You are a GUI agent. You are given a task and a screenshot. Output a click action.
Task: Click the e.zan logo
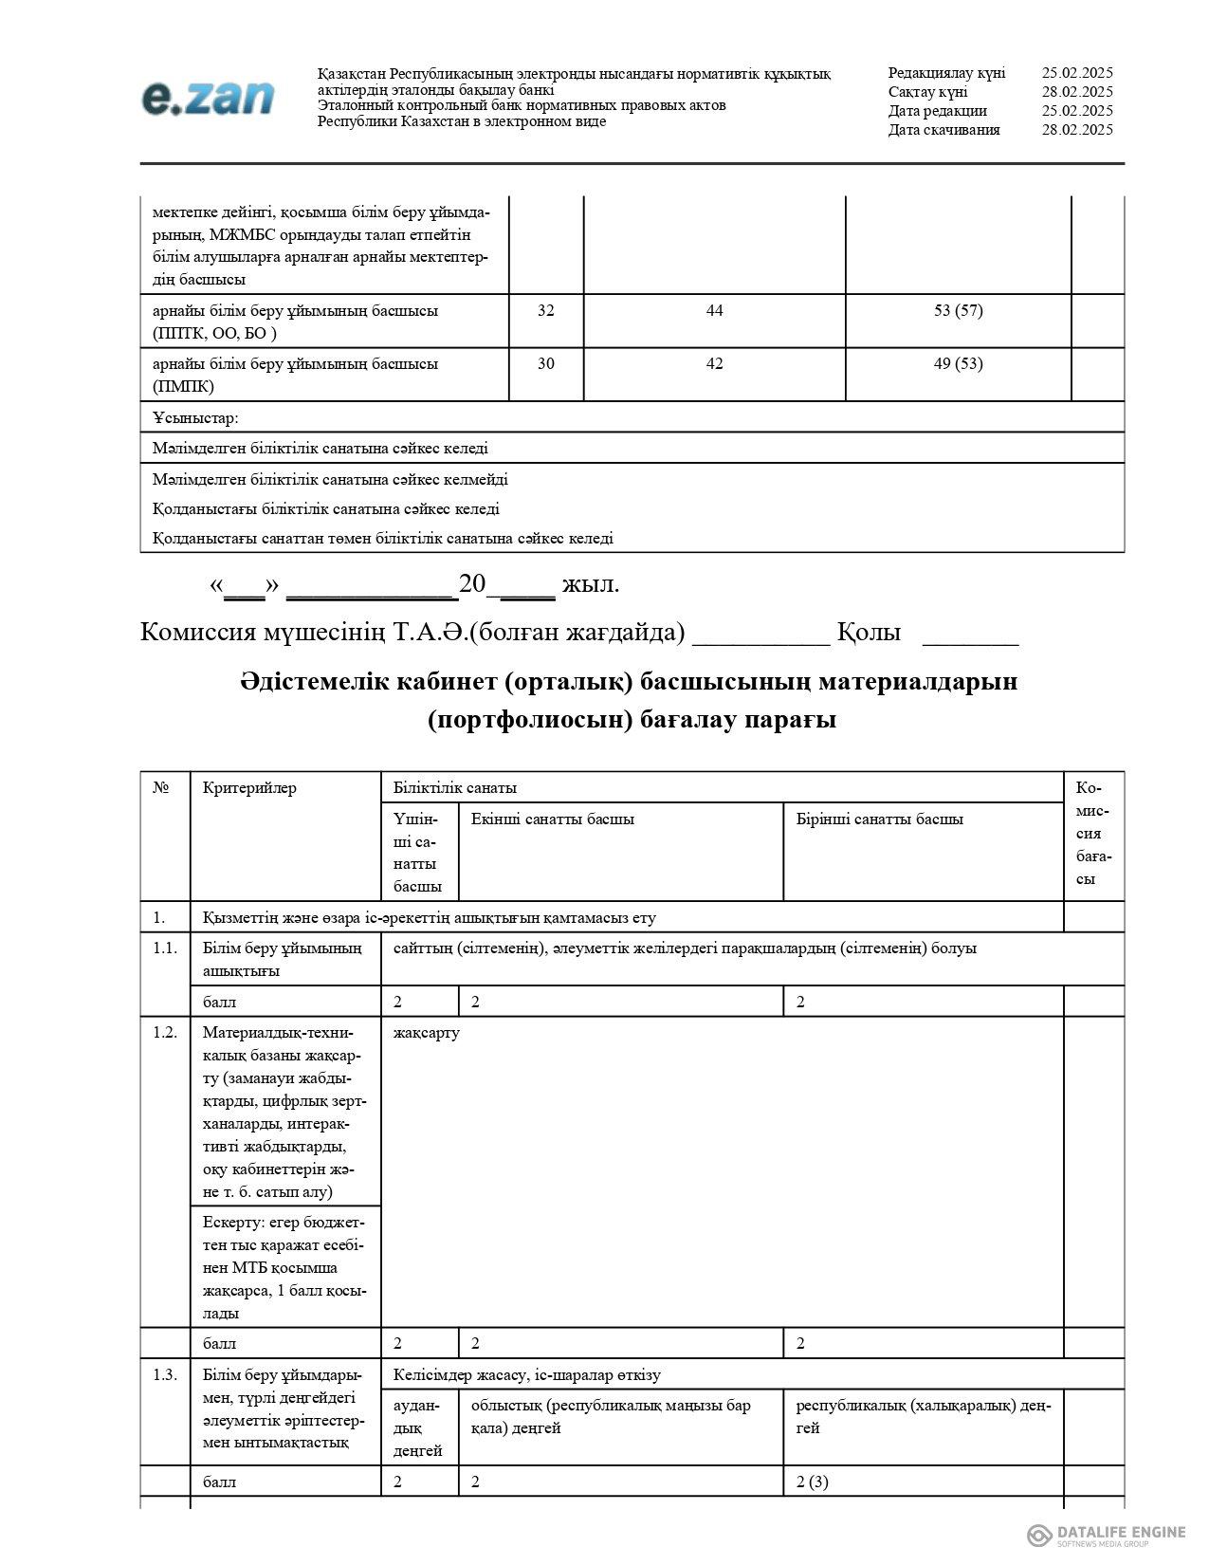tap(208, 98)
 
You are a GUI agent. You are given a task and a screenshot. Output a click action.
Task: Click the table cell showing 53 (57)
tap(958, 310)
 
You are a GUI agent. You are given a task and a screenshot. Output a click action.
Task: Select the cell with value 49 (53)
tap(958, 363)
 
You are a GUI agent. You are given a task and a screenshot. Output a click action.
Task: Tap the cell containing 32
tap(546, 310)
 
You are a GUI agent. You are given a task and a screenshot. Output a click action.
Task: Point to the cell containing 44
tap(714, 310)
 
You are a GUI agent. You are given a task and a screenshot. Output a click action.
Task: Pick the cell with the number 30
tap(546, 363)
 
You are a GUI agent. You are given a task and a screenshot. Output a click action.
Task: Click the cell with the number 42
tap(714, 363)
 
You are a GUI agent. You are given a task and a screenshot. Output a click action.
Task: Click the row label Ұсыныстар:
tap(196, 417)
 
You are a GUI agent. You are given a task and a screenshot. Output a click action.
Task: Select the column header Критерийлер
tap(249, 787)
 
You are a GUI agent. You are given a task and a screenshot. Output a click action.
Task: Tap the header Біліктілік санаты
tap(455, 787)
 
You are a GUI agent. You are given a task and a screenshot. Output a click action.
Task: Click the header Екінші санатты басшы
tap(553, 819)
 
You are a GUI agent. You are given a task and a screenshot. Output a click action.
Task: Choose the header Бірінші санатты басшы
tap(879, 819)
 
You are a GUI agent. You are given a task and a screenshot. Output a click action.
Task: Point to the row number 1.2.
tap(165, 1032)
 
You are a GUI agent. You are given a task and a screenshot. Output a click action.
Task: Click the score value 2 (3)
tap(812, 1482)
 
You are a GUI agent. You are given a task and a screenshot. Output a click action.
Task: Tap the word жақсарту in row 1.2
tap(426, 1032)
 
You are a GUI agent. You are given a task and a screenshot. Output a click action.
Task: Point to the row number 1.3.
tap(165, 1375)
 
